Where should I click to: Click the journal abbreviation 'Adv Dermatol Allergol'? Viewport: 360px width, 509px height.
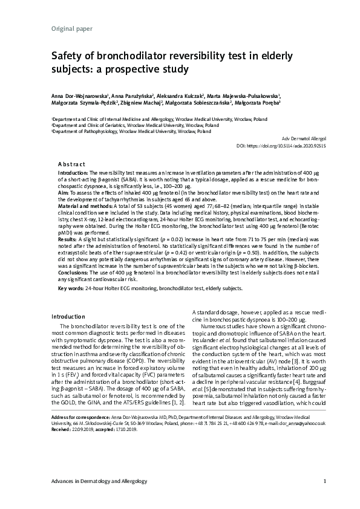coord(300,139)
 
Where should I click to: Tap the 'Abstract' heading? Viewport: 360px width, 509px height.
coord(71,164)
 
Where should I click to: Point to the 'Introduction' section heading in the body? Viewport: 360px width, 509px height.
coord(68,316)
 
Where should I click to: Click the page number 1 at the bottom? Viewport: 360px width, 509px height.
coord(325,481)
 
